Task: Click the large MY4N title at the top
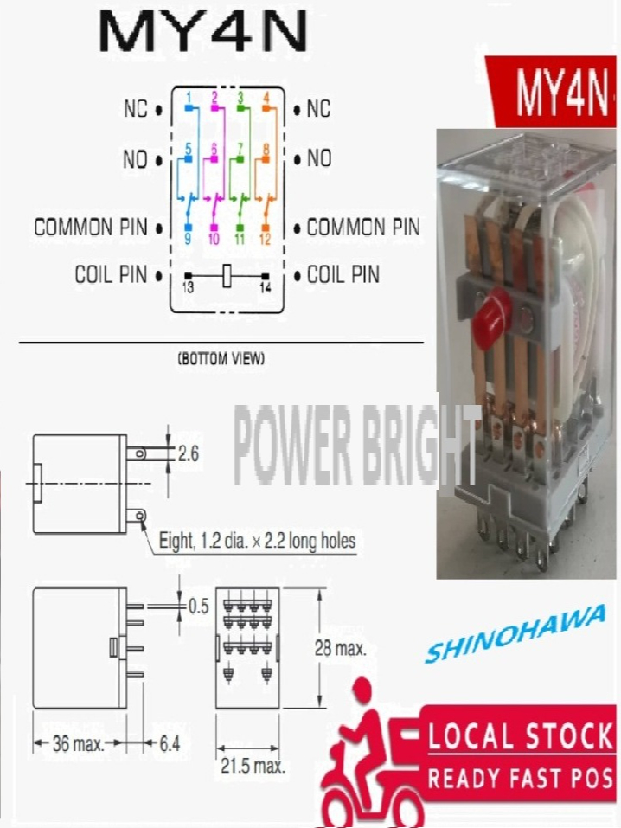tap(203, 32)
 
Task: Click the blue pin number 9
tap(188, 238)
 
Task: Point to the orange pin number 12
tap(265, 239)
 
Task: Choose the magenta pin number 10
tap(214, 239)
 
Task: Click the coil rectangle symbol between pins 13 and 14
tap(227, 275)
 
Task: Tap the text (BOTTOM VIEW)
tap(221, 357)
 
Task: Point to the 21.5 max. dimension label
tap(251, 766)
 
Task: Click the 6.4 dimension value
tap(169, 743)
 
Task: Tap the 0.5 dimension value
tap(199, 606)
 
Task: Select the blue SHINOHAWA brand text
tap(515, 637)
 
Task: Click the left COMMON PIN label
tap(85, 228)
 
